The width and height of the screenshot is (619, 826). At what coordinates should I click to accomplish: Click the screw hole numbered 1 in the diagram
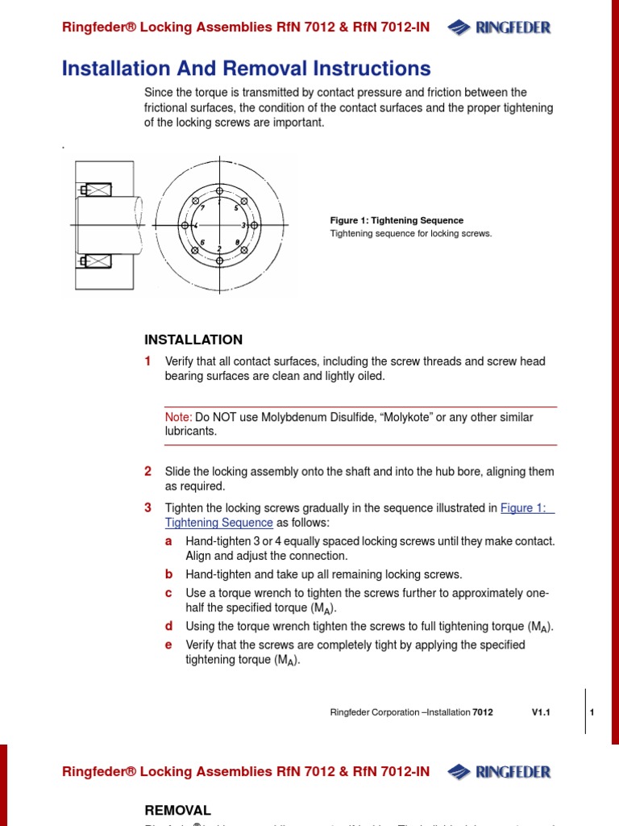[x=219, y=191]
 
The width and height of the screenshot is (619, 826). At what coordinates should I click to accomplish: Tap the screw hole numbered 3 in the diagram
[x=254, y=225]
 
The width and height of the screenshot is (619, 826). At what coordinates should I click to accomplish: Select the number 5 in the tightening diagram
[x=235, y=208]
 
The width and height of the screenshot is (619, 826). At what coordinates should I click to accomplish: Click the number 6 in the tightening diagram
[x=202, y=242]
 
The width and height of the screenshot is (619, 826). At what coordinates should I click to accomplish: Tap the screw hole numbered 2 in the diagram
[x=219, y=260]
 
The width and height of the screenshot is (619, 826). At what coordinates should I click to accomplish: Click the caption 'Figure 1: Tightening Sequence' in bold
[x=397, y=220]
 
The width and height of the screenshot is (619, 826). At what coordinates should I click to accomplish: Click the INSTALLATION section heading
[x=193, y=340]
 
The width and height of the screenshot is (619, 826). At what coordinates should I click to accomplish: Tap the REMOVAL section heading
[x=177, y=810]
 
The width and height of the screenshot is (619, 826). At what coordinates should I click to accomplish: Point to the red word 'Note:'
[x=178, y=417]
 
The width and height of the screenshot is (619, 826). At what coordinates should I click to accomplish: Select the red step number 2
[x=148, y=471]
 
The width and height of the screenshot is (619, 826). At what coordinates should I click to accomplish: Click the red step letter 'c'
[x=169, y=593]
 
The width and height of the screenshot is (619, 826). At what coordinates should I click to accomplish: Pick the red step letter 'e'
[x=169, y=645]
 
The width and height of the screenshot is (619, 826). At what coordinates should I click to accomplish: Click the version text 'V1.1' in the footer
[x=540, y=712]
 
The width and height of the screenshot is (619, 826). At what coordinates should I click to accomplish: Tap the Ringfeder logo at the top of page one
[x=500, y=28]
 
